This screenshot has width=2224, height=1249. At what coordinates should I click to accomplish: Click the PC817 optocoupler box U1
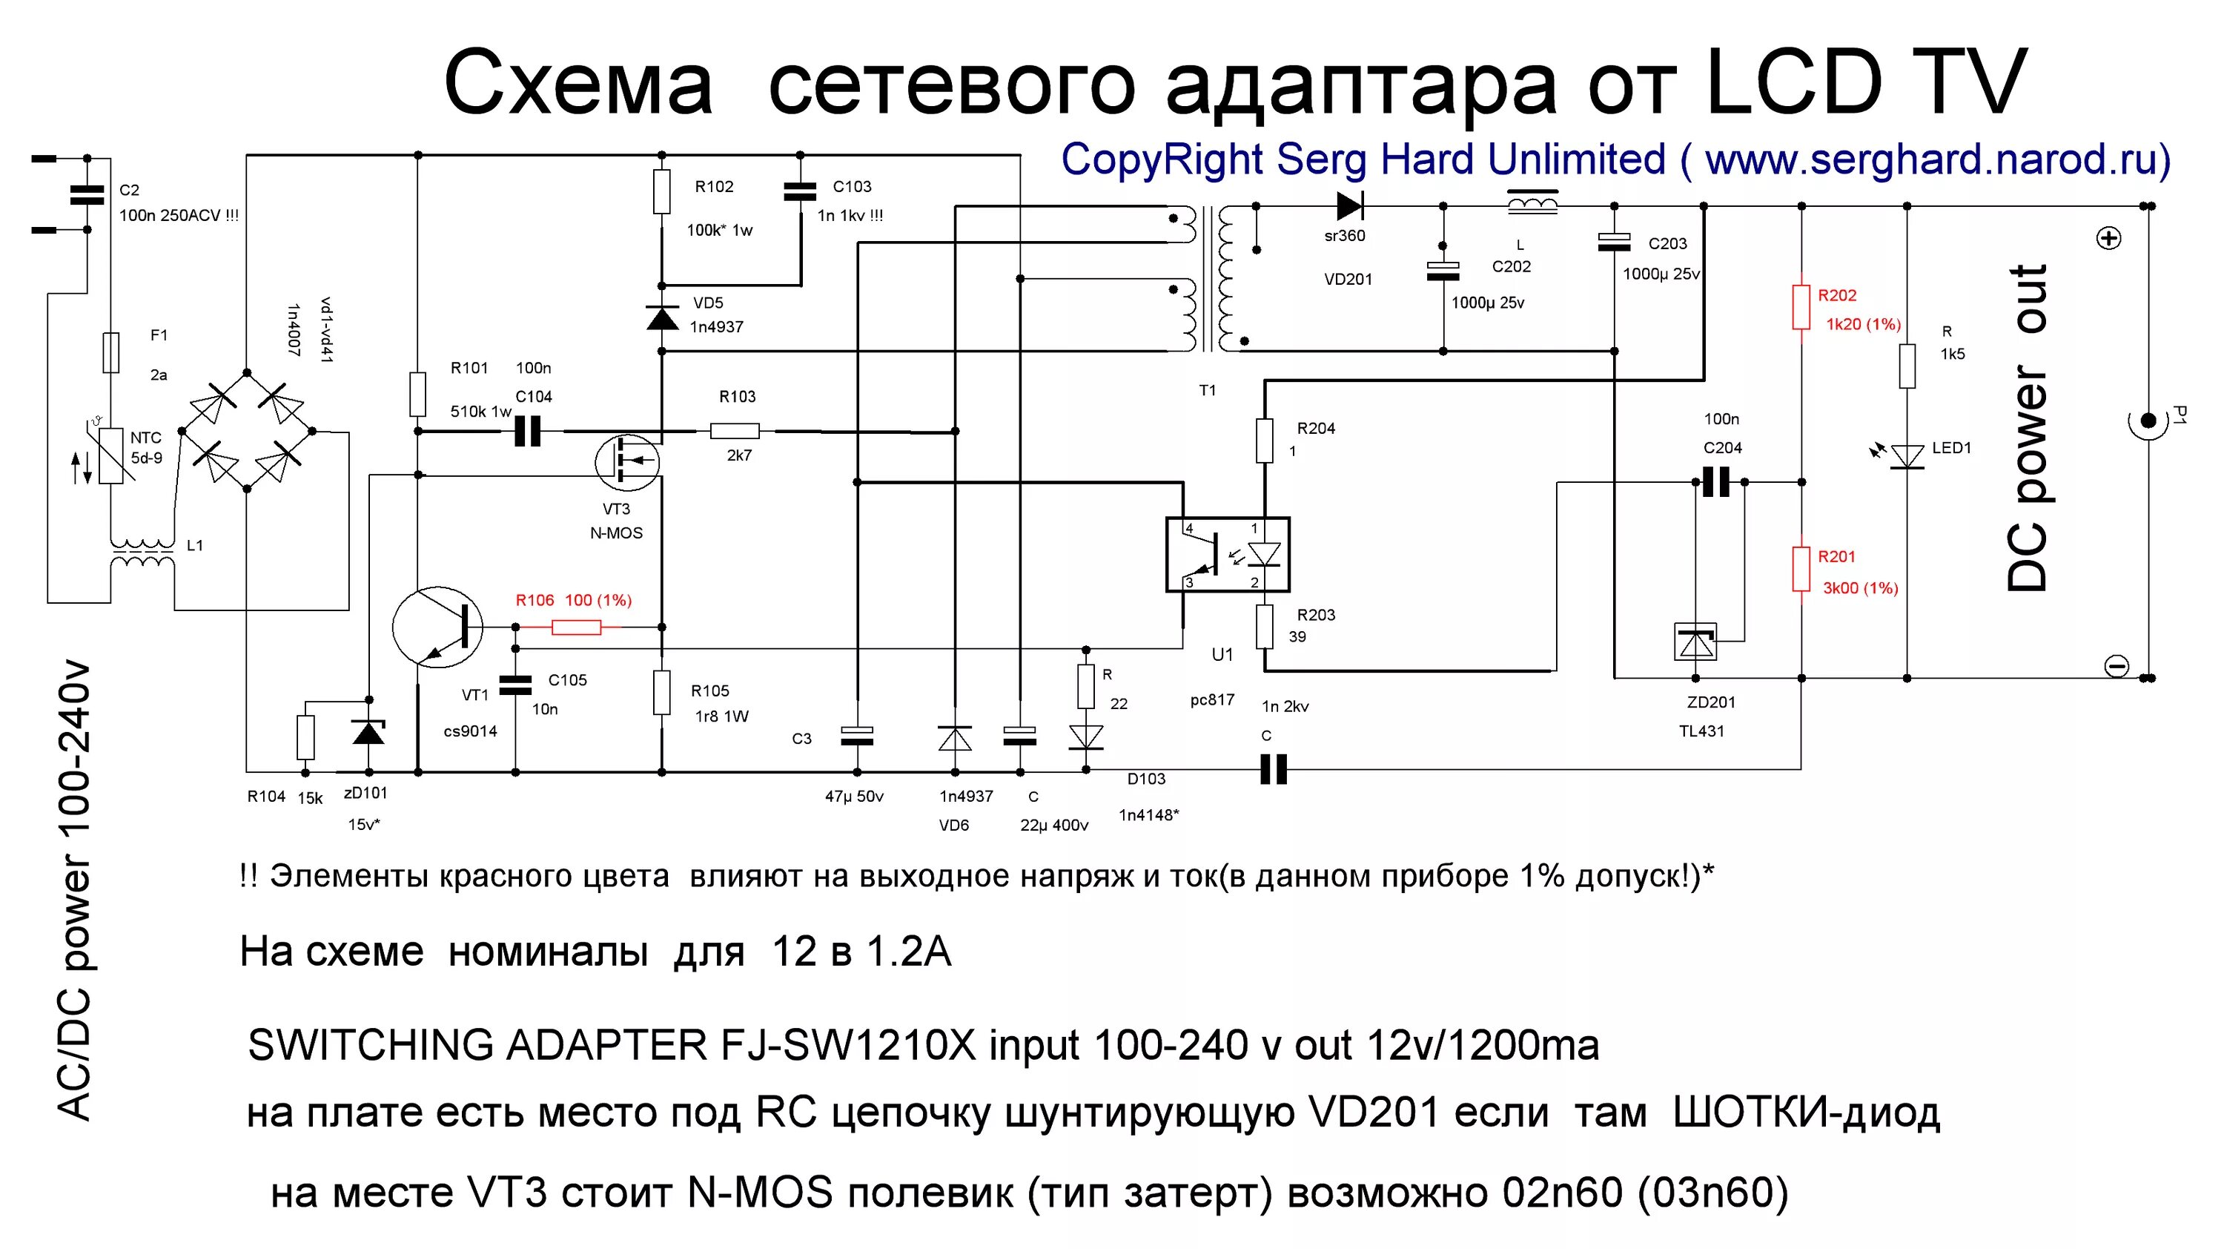1227,555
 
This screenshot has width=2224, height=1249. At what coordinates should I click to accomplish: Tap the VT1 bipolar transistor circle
437,626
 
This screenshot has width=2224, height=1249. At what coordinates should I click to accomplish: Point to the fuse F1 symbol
110,352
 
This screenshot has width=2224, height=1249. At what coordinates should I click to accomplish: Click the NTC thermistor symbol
110,455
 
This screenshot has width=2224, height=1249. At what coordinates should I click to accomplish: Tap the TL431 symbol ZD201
1695,642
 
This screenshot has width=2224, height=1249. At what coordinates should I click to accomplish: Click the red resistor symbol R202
1801,308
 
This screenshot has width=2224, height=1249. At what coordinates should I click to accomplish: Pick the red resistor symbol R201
1801,569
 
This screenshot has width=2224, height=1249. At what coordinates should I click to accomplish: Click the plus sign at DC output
2109,238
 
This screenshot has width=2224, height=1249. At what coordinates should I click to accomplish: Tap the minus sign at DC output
2116,666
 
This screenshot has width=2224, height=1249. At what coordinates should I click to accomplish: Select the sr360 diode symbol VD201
1349,206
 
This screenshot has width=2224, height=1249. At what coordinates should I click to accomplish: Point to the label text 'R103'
738,397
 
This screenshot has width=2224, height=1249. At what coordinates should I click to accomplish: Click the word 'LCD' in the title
1794,83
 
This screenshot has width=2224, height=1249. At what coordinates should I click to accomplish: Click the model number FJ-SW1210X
849,1045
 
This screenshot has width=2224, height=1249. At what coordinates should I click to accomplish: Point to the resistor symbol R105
661,692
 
